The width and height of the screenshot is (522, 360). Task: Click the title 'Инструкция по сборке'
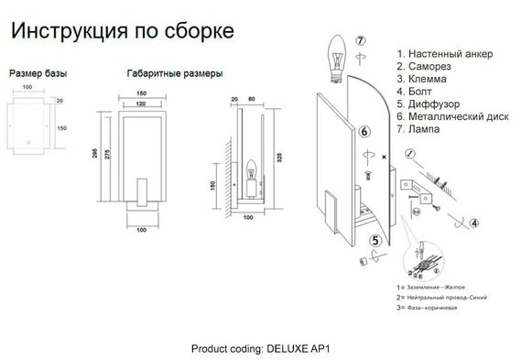click(x=121, y=29)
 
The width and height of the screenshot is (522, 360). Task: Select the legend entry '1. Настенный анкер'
click(x=444, y=54)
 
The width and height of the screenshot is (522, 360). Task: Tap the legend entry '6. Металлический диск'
click(x=453, y=116)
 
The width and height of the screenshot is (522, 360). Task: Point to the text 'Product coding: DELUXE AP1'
click(x=259, y=349)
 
